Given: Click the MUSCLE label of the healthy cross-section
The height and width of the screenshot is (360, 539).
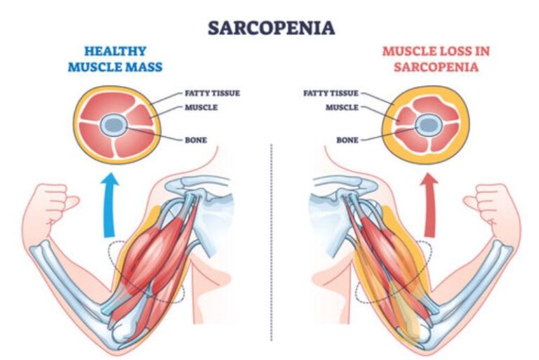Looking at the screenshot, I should [x=200, y=107].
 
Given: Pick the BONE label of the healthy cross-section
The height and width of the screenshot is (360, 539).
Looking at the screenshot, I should [x=196, y=140].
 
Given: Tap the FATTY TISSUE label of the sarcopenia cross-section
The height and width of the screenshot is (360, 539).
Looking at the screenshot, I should [x=331, y=93].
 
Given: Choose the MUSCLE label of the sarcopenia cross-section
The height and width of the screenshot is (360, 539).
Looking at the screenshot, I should [x=342, y=107].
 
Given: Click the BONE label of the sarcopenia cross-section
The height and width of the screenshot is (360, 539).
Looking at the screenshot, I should [x=347, y=140].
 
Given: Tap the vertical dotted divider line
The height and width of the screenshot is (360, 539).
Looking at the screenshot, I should [x=271, y=246].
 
